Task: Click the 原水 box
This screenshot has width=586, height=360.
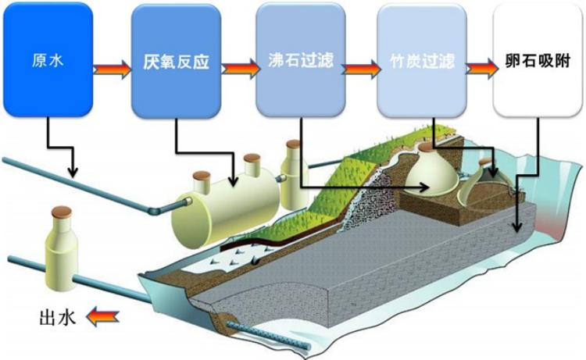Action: (x=48, y=59)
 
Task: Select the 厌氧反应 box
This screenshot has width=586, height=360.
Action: (x=176, y=59)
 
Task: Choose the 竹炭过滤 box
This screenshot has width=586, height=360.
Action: (x=423, y=59)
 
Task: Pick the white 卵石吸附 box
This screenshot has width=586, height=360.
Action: (x=537, y=59)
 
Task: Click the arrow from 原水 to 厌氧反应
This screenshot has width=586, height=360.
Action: (x=113, y=66)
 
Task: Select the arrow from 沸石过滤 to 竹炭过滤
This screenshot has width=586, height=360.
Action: (x=360, y=66)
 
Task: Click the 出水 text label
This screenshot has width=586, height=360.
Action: (x=56, y=318)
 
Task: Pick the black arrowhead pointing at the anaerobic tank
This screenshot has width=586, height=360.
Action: (x=236, y=182)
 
